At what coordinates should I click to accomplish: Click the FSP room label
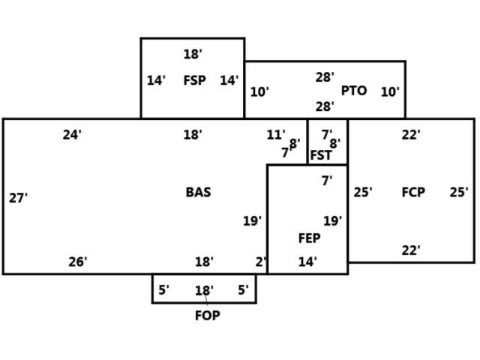(194, 80)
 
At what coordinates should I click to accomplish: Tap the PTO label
(354, 91)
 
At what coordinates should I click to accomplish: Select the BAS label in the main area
(198, 192)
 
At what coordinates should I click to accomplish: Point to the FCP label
(413, 192)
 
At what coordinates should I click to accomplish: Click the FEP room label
(309, 238)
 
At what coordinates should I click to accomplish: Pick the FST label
(321, 155)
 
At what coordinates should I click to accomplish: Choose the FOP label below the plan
(207, 316)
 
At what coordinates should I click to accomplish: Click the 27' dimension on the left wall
(19, 198)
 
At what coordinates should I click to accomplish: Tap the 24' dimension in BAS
(72, 135)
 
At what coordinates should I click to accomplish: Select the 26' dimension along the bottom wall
(78, 262)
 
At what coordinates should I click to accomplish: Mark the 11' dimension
(276, 135)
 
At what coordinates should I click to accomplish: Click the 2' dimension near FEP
(260, 262)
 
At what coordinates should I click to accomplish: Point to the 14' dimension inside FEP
(307, 262)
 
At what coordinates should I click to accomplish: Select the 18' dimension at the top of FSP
(193, 54)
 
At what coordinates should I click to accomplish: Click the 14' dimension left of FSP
(156, 80)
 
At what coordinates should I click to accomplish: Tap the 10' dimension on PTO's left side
(259, 92)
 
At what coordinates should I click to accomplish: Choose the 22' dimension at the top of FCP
(411, 135)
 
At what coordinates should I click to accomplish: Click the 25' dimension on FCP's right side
(459, 192)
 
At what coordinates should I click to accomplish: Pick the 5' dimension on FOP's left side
(163, 289)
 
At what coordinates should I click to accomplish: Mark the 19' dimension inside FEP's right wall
(333, 221)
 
